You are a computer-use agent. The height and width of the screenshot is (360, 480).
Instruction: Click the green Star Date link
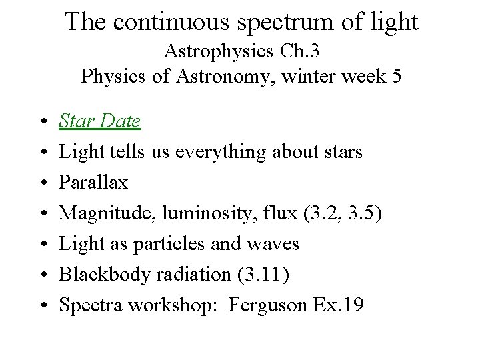click(x=99, y=121)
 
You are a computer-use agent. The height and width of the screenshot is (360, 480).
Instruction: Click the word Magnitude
click(x=99, y=213)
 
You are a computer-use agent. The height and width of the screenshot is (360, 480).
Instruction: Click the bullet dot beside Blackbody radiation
click(x=41, y=275)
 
